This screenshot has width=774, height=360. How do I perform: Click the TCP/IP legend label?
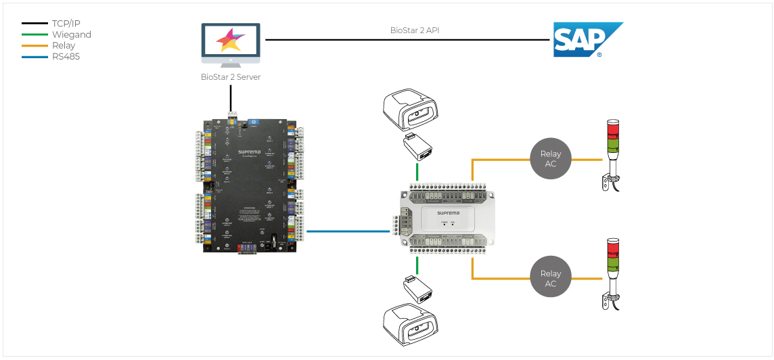tap(66, 23)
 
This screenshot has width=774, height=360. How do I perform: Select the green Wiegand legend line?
tap(35, 35)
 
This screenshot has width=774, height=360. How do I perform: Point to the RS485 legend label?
tap(66, 57)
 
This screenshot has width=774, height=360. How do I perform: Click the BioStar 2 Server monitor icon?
tap(230, 45)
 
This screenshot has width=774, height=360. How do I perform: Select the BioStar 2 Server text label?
tap(230, 77)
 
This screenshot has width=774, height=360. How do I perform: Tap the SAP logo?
tap(586, 40)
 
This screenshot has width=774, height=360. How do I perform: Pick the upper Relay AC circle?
tap(551, 159)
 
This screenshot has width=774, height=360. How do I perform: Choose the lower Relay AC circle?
tap(551, 278)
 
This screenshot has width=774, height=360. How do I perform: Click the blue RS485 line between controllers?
tap(348, 231)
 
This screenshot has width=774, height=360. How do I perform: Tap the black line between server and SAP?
tap(406, 40)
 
